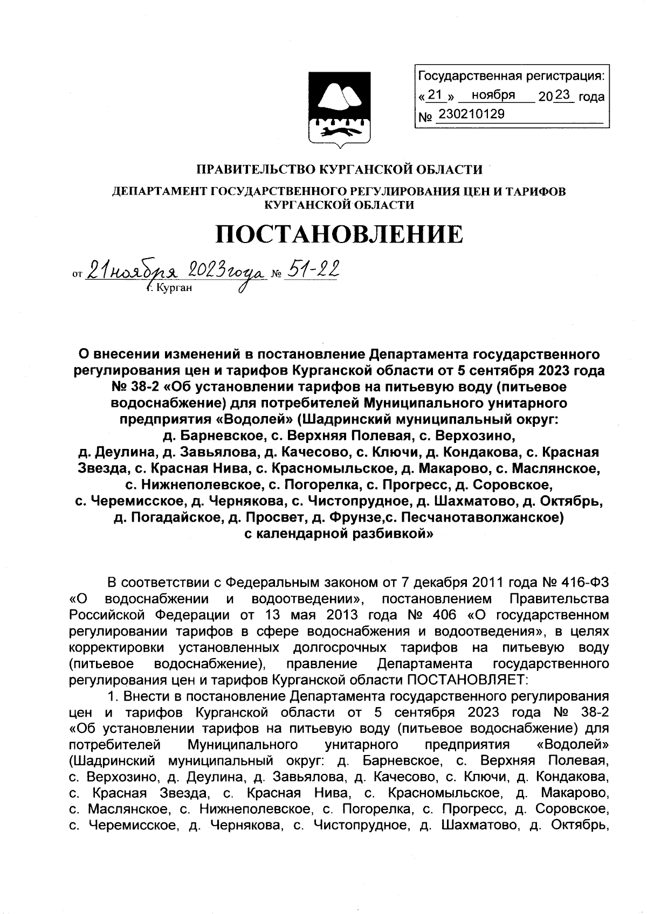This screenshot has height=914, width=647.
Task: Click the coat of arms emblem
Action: pos(339,108)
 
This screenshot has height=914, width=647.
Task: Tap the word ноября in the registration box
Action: pos(493,95)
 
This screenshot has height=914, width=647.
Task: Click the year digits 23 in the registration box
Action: pos(561,95)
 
